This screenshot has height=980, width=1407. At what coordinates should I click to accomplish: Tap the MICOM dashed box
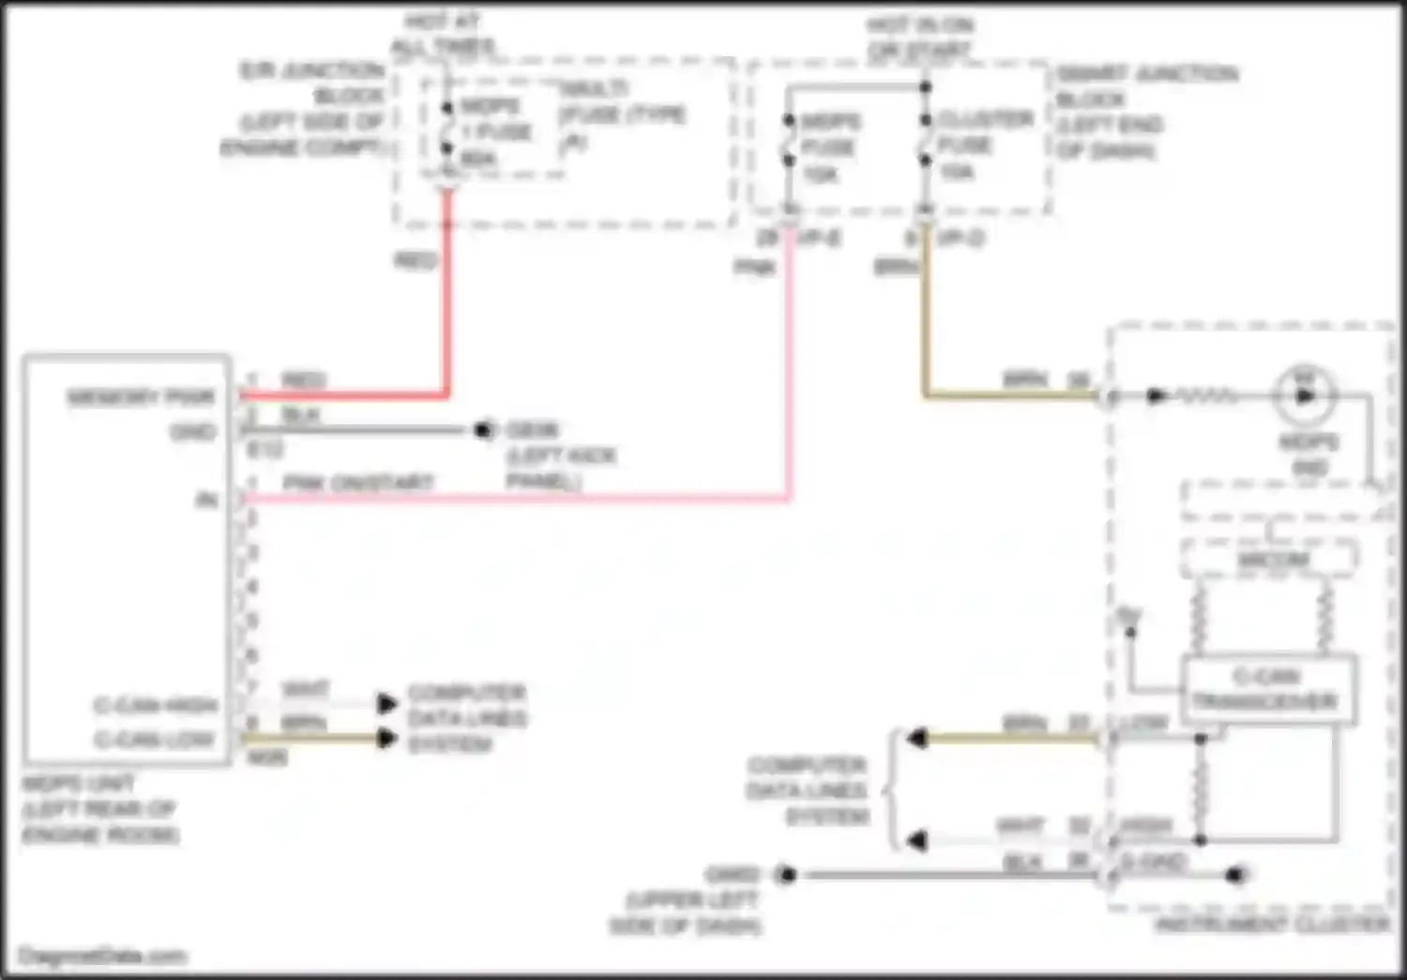[1268, 559]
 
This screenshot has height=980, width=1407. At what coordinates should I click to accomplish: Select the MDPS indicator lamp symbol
[1305, 395]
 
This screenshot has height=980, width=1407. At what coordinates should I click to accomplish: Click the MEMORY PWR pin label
[141, 397]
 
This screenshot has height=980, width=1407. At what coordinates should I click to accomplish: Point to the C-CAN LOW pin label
[154, 740]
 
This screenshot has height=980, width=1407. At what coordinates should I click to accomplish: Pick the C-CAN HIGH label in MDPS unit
[155, 705]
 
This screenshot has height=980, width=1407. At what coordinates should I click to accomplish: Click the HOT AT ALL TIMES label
[443, 34]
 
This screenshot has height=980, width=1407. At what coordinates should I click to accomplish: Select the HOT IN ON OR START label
[919, 37]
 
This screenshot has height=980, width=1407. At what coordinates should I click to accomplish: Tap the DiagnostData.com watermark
[103, 957]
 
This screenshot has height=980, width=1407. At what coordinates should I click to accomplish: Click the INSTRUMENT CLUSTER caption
[1272, 925]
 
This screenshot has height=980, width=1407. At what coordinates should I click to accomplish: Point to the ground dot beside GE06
[484, 431]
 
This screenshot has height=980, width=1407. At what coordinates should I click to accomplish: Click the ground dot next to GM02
[787, 875]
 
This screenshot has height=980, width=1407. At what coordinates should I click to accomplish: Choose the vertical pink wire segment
[790, 366]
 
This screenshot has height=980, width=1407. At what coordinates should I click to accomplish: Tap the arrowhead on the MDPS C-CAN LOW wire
[386, 739]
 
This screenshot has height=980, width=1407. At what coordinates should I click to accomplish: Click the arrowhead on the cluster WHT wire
[916, 840]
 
